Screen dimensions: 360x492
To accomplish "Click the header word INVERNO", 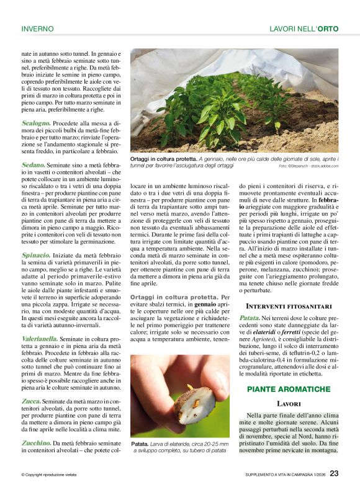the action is (37, 29).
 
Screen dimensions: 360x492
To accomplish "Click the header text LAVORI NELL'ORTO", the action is (304, 29).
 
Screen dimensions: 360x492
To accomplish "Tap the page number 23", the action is (334, 473).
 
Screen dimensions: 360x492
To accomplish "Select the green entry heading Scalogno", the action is (36, 123).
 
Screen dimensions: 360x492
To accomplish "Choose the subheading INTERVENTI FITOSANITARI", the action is (289, 306).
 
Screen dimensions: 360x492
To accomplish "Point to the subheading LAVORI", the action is (289, 403).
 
